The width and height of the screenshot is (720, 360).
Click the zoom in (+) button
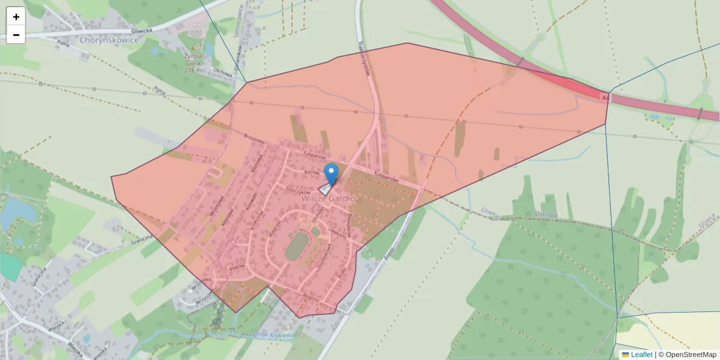click(x=16, y=17)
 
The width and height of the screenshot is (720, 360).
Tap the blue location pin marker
click(x=331, y=173)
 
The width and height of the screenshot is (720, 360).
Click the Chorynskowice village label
click(x=109, y=40)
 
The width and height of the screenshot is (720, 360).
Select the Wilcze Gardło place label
click(x=329, y=199)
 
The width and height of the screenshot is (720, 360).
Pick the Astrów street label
click(x=312, y=172)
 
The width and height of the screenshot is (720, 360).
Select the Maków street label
click(x=237, y=268)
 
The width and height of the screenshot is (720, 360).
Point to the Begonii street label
click(x=310, y=296)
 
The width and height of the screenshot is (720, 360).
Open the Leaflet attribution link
click(x=641, y=355)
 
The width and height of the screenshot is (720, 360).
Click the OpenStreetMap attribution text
click(x=691, y=355)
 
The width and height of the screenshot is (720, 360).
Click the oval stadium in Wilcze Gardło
click(x=295, y=247)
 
